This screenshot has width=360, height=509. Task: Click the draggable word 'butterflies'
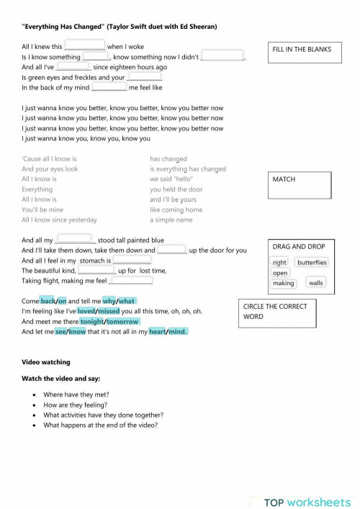(312, 263)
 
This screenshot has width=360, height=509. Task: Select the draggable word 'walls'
(316, 283)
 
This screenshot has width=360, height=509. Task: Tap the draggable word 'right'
(280, 263)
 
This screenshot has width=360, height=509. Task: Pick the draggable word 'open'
(280, 273)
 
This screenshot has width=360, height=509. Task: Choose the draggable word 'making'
(284, 283)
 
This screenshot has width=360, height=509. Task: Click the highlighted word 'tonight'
(91, 321)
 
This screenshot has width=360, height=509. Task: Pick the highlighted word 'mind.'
(177, 331)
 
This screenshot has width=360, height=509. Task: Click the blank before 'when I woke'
(85, 45)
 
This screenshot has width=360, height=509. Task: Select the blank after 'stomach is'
(132, 260)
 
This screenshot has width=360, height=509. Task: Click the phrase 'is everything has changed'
(188, 169)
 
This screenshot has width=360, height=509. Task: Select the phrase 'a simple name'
(171, 220)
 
